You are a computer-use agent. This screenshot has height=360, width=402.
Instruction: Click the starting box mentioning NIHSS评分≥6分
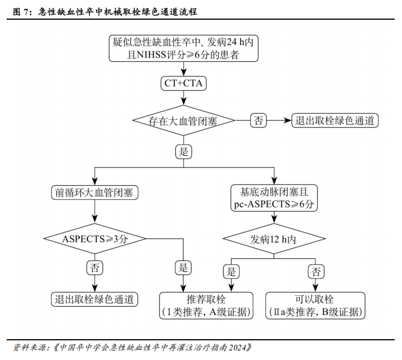(x=183, y=48)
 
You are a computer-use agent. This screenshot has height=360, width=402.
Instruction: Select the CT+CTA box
(x=184, y=84)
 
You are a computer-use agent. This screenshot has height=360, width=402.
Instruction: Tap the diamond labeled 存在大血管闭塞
(x=183, y=120)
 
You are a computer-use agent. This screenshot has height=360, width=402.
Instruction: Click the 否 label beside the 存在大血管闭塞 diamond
(x=258, y=120)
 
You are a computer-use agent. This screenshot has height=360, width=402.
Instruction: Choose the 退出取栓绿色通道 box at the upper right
(x=335, y=120)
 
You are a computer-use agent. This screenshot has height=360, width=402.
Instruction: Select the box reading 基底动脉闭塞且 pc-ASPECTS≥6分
(x=274, y=198)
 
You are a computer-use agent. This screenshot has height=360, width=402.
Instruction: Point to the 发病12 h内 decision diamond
(x=274, y=238)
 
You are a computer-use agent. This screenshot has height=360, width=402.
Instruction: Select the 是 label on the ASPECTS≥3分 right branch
(x=183, y=268)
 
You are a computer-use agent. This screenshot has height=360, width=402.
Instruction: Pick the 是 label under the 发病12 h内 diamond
(x=231, y=272)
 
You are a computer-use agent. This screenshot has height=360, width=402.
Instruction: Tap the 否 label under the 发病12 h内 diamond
(x=316, y=272)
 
